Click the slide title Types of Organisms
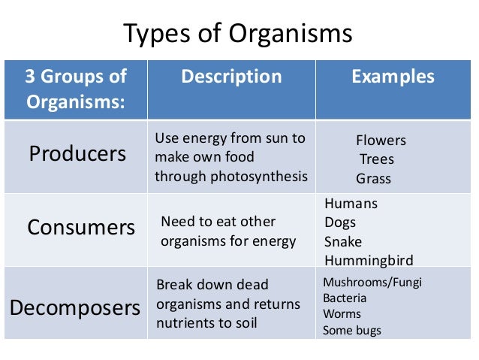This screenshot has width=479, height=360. [238, 35]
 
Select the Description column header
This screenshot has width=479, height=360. [231, 77]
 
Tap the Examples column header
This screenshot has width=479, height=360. [393, 77]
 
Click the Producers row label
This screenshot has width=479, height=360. [77, 154]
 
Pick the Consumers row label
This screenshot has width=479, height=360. [81, 227]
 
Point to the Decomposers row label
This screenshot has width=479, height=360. [75, 307]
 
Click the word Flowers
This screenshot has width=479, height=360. [381, 141]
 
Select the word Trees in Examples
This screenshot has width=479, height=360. [376, 159]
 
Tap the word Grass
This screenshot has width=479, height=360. [373, 179]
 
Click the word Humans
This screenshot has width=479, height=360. [351, 204]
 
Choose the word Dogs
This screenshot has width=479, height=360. [340, 222]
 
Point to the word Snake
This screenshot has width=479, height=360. [343, 242]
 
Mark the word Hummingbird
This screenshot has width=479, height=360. [369, 261]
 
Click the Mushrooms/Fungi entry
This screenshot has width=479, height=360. [362, 283]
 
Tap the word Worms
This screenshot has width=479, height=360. [342, 314]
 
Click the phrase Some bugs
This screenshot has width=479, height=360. [351, 330]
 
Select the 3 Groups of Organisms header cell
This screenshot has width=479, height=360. [76, 88]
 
